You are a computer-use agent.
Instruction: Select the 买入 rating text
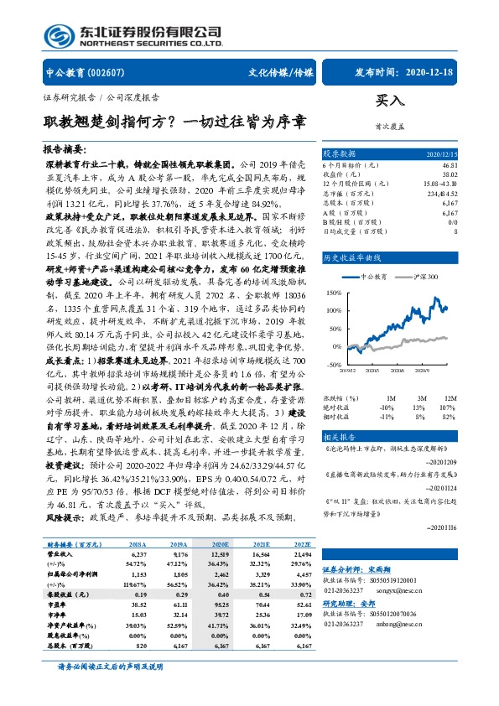point(390,101)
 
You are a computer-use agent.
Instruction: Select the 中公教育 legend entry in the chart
point(372,276)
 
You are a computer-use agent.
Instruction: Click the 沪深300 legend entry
point(419,276)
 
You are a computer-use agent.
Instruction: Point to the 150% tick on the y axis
point(335,293)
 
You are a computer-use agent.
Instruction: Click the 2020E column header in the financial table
point(221,544)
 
